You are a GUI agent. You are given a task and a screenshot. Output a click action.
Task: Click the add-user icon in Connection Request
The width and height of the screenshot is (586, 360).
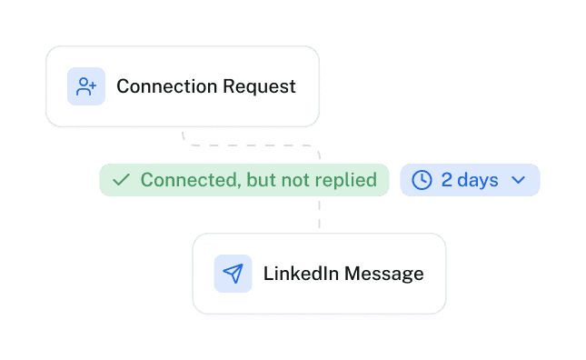coord(86,86)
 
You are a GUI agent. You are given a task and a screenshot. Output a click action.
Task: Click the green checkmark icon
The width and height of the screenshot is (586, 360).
coord(120,180)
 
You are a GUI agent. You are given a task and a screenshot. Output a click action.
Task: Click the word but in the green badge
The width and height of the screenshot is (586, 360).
coord(261,180)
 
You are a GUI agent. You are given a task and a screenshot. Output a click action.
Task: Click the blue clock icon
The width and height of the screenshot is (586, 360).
coord(422,180)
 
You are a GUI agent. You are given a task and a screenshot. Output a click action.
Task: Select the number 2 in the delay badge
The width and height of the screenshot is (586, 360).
coord(447,180)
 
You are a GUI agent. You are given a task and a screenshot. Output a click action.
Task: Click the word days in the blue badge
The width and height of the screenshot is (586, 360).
coord(478,180)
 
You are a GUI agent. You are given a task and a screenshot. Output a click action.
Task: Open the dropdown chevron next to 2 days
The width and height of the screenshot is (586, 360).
coord(519,180)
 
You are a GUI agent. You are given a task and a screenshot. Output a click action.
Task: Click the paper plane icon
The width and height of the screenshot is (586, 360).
coord(233,274)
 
